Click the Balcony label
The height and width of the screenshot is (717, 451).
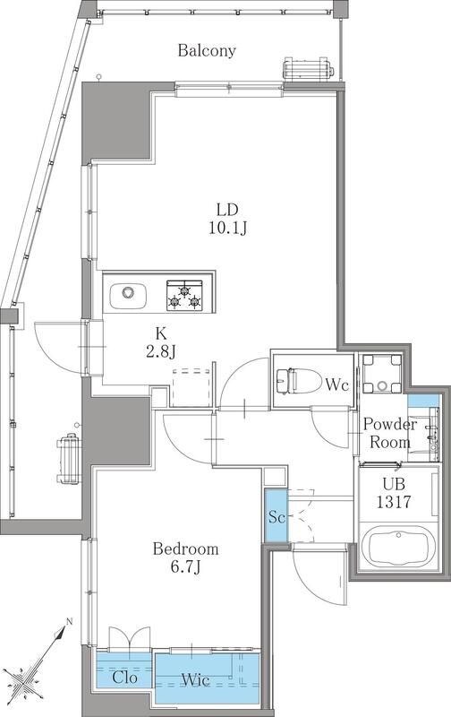207,51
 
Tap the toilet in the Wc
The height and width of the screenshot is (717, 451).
294,381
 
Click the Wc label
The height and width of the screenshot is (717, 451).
336,385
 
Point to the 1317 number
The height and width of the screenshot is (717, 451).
393,503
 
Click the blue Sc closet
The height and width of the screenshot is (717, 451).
276,516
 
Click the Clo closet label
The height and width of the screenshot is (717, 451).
123,678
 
